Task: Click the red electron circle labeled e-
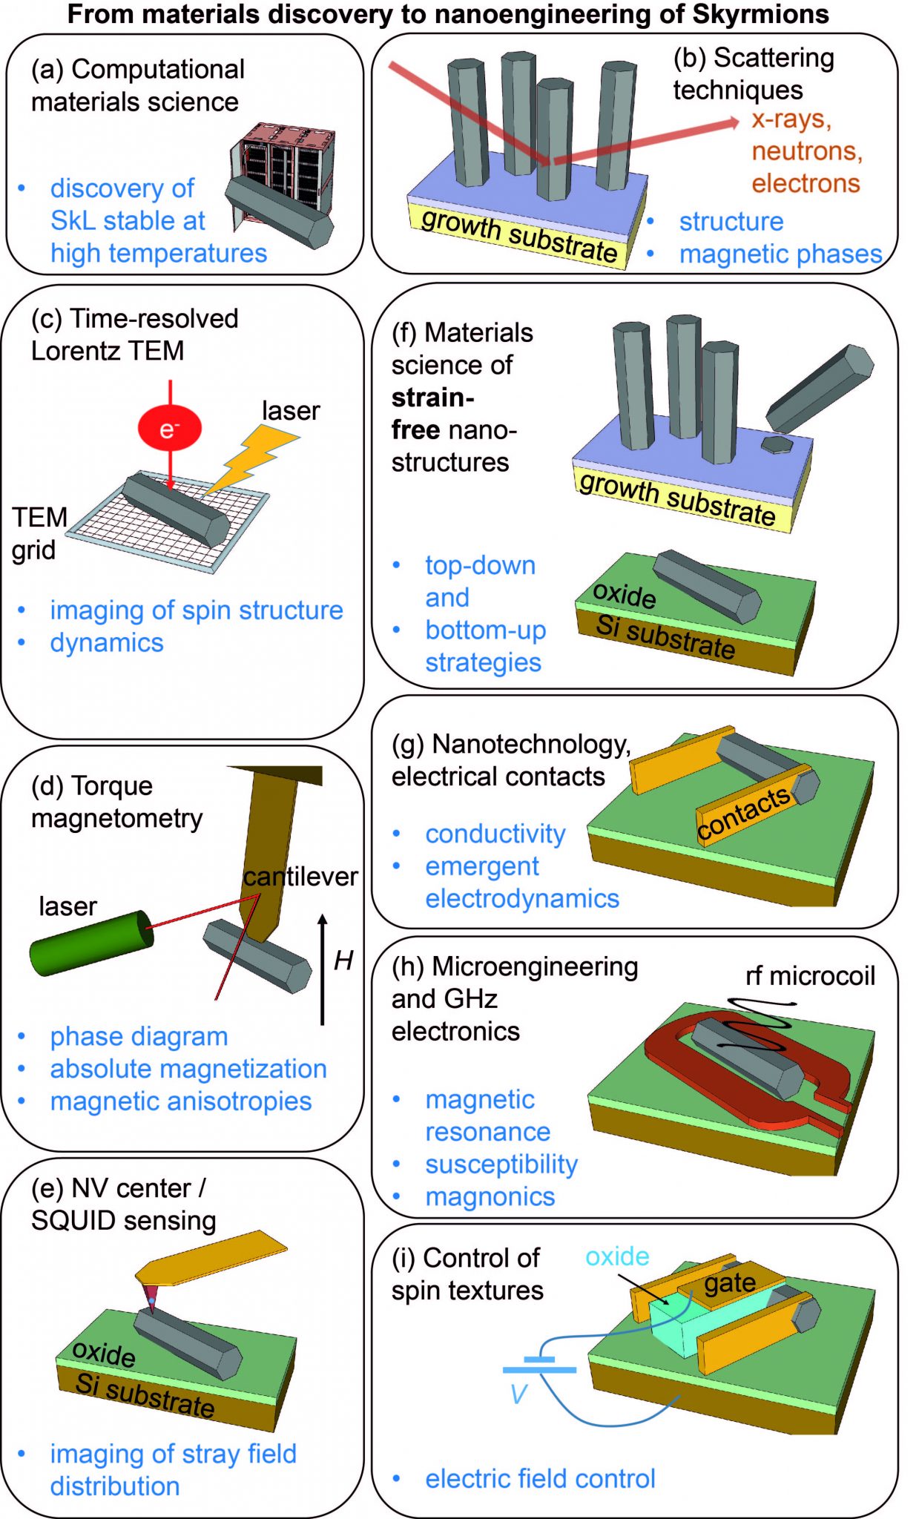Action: coord(169,428)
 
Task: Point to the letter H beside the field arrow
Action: coord(343,961)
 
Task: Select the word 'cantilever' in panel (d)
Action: coord(300,877)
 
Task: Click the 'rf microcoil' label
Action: coord(810,976)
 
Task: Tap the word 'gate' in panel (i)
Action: coord(730,1283)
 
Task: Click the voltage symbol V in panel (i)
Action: coord(518,1394)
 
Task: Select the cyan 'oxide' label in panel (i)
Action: coord(617,1256)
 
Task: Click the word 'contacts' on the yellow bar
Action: coord(744,814)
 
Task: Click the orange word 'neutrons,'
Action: coord(807,151)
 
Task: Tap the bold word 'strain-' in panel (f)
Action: coord(432,398)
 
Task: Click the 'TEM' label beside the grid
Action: coord(39,517)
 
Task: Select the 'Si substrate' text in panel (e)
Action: coord(145,1394)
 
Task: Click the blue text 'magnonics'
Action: coord(490,1196)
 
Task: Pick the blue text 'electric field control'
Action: coord(540,1478)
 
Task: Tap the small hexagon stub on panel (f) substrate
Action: coord(777,444)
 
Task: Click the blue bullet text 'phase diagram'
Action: coord(139,1036)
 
